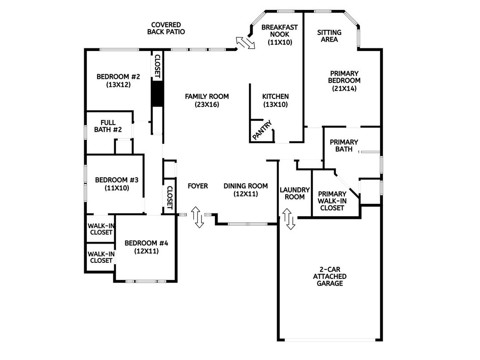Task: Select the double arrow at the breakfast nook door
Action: [x=246, y=43]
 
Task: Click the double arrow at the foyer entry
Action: [x=196, y=217]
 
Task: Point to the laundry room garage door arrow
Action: [x=289, y=219]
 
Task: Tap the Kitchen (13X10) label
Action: [x=275, y=100]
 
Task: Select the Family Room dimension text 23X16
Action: [x=207, y=104]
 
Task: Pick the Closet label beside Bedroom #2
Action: [x=157, y=65]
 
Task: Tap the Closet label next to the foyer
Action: [x=169, y=197]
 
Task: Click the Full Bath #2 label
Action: [x=108, y=126]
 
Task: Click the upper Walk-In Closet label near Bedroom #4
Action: [x=101, y=229]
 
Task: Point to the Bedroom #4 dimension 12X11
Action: [x=146, y=251]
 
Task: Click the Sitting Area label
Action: [x=329, y=36]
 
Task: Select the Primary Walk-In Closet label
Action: [x=332, y=201]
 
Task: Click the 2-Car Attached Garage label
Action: [x=330, y=277]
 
